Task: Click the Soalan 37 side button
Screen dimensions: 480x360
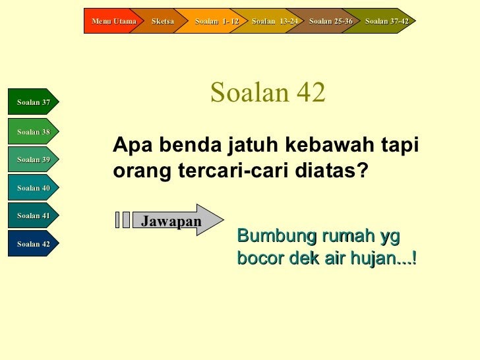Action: coord(34,102)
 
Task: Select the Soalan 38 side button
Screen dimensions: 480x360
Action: coord(34,131)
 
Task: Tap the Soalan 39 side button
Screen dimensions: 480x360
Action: coord(34,159)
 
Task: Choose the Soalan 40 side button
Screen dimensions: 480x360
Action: coord(34,187)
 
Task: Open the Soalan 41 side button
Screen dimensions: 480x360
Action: coord(34,215)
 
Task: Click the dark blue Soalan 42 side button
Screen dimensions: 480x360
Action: coord(34,243)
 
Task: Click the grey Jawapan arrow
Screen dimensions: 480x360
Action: coord(177,220)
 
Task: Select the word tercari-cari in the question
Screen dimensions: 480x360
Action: coord(233,170)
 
